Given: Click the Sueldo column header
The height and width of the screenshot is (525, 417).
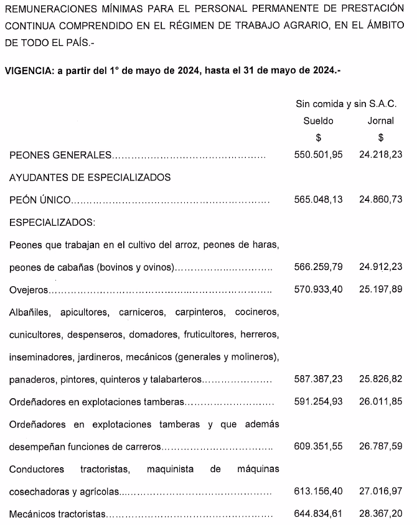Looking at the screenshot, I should tap(318, 121).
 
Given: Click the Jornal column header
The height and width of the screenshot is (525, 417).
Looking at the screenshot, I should tap(380, 121).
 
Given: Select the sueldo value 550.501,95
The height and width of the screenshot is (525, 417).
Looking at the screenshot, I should tap(318, 155).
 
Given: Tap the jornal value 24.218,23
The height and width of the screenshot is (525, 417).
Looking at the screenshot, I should tap(380, 155).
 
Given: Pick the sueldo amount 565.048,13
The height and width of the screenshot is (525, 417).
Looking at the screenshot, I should tap(318, 200).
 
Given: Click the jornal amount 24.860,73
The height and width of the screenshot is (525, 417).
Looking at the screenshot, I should tap(380, 200).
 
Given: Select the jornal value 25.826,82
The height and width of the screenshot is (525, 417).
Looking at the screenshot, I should tap(380, 379).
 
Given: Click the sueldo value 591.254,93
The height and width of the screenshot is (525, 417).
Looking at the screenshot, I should tap(318, 402).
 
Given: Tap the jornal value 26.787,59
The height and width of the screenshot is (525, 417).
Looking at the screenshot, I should tap(380, 447).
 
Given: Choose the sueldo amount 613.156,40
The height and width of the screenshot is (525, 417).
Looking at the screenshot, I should tap(318, 491).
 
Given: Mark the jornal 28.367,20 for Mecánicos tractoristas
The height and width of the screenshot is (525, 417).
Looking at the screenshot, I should tap(380, 514).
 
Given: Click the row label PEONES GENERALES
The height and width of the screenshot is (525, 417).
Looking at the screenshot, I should tap(60, 155).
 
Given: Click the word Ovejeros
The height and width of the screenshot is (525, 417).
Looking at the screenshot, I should tap(28, 290).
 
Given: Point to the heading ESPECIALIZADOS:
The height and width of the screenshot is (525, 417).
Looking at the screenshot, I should tap(52, 223).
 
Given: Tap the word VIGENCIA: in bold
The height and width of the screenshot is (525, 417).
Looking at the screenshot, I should tap(29, 71).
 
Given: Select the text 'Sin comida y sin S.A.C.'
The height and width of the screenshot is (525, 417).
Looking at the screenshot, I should tap(346, 103).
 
